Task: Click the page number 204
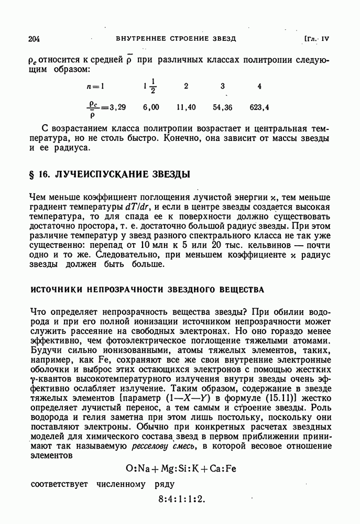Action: pyautogui.click(x=37, y=39)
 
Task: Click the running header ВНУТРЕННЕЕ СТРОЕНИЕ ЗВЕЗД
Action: pyautogui.click(x=176, y=39)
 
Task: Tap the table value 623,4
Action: pyautogui.click(x=259, y=107)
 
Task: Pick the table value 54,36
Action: pyautogui.click(x=223, y=107)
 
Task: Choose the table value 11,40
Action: pyautogui.click(x=186, y=107)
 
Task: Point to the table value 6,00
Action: pyautogui.click(x=150, y=107)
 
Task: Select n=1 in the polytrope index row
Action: pyautogui.click(x=96, y=86)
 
